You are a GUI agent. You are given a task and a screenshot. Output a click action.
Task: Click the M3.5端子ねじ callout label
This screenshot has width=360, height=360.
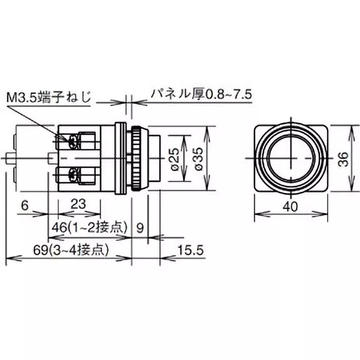(x=49, y=97)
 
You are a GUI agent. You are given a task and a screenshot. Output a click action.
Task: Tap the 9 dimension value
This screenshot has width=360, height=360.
(x=140, y=228)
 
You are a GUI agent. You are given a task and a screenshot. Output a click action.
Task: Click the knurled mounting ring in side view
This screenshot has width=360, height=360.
(x=135, y=158)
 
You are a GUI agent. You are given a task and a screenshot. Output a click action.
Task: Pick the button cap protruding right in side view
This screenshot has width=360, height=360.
(x=153, y=158)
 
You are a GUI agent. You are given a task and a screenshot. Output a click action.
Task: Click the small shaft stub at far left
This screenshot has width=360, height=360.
(x=10, y=159)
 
